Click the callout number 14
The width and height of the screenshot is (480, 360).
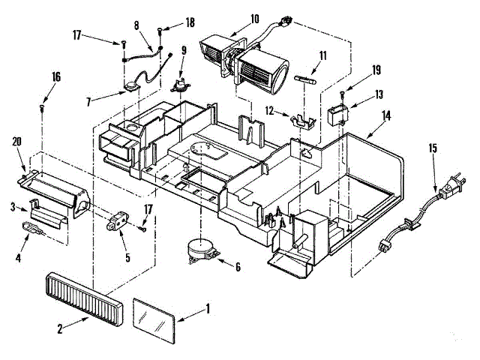(386, 115)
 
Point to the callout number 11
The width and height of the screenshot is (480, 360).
(322, 55)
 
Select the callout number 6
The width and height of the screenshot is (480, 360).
(238, 266)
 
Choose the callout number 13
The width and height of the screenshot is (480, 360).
(379, 94)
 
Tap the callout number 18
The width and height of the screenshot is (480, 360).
(189, 23)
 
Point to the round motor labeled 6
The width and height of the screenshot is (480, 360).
(201, 247)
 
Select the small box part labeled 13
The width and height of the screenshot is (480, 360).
(338, 116)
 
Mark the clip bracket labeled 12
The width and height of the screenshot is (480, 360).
(303, 119)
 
